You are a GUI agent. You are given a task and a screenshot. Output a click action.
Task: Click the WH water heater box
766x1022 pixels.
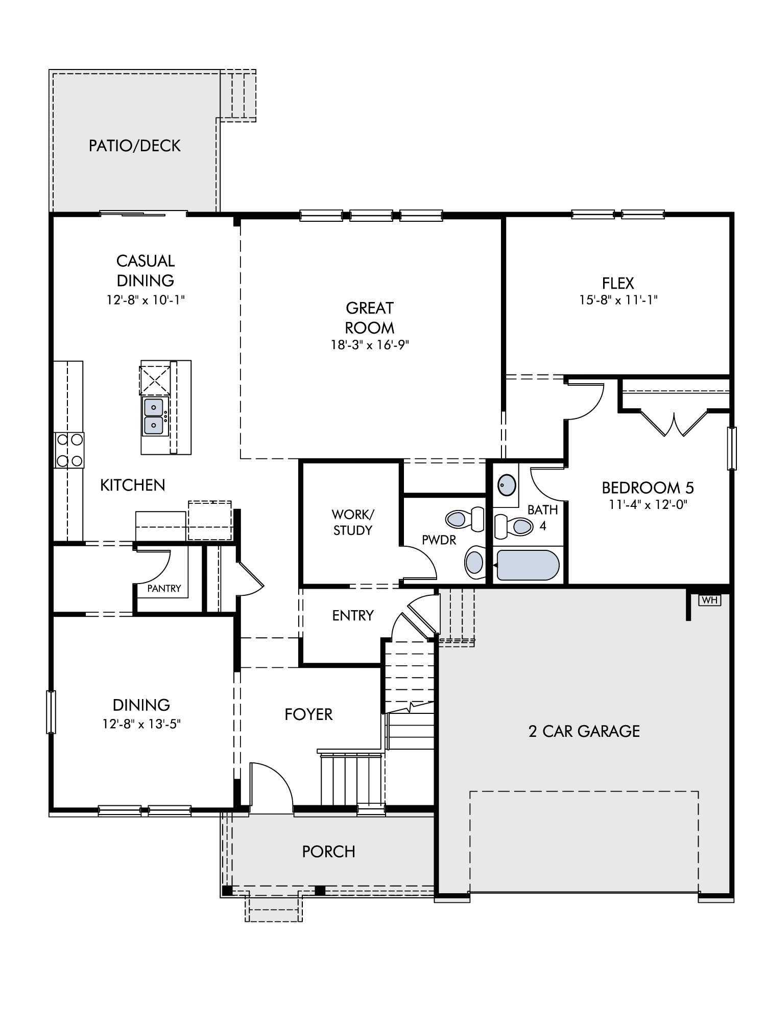click(x=710, y=600)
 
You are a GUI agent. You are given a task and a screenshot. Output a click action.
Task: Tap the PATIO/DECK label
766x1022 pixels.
click(x=135, y=146)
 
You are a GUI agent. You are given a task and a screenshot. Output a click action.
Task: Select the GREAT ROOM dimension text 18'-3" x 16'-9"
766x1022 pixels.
click(x=370, y=345)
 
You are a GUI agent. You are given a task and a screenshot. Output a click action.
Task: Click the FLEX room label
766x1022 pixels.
click(x=618, y=283)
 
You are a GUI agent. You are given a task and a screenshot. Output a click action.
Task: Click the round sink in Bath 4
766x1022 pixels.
click(x=507, y=484)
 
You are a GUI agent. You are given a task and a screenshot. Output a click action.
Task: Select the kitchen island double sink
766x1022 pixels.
click(x=154, y=416)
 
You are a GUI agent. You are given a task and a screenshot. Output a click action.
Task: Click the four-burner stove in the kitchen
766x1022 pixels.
click(x=69, y=450)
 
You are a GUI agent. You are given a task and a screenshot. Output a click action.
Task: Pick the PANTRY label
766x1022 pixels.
click(x=164, y=588)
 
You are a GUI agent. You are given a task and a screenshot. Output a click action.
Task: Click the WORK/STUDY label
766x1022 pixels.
click(x=352, y=522)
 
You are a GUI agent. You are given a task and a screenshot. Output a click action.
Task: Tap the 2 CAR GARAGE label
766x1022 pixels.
click(x=584, y=731)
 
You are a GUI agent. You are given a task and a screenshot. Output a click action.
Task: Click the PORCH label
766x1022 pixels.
click(x=328, y=852)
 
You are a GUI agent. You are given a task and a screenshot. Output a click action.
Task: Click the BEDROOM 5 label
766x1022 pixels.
click(x=648, y=488)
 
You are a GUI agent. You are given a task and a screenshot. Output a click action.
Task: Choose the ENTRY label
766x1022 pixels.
click(x=353, y=615)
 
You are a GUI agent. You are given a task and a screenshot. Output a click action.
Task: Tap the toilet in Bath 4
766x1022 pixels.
click(x=513, y=526)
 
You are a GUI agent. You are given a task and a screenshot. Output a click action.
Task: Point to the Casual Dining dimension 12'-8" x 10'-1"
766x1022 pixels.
click(x=146, y=300)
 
